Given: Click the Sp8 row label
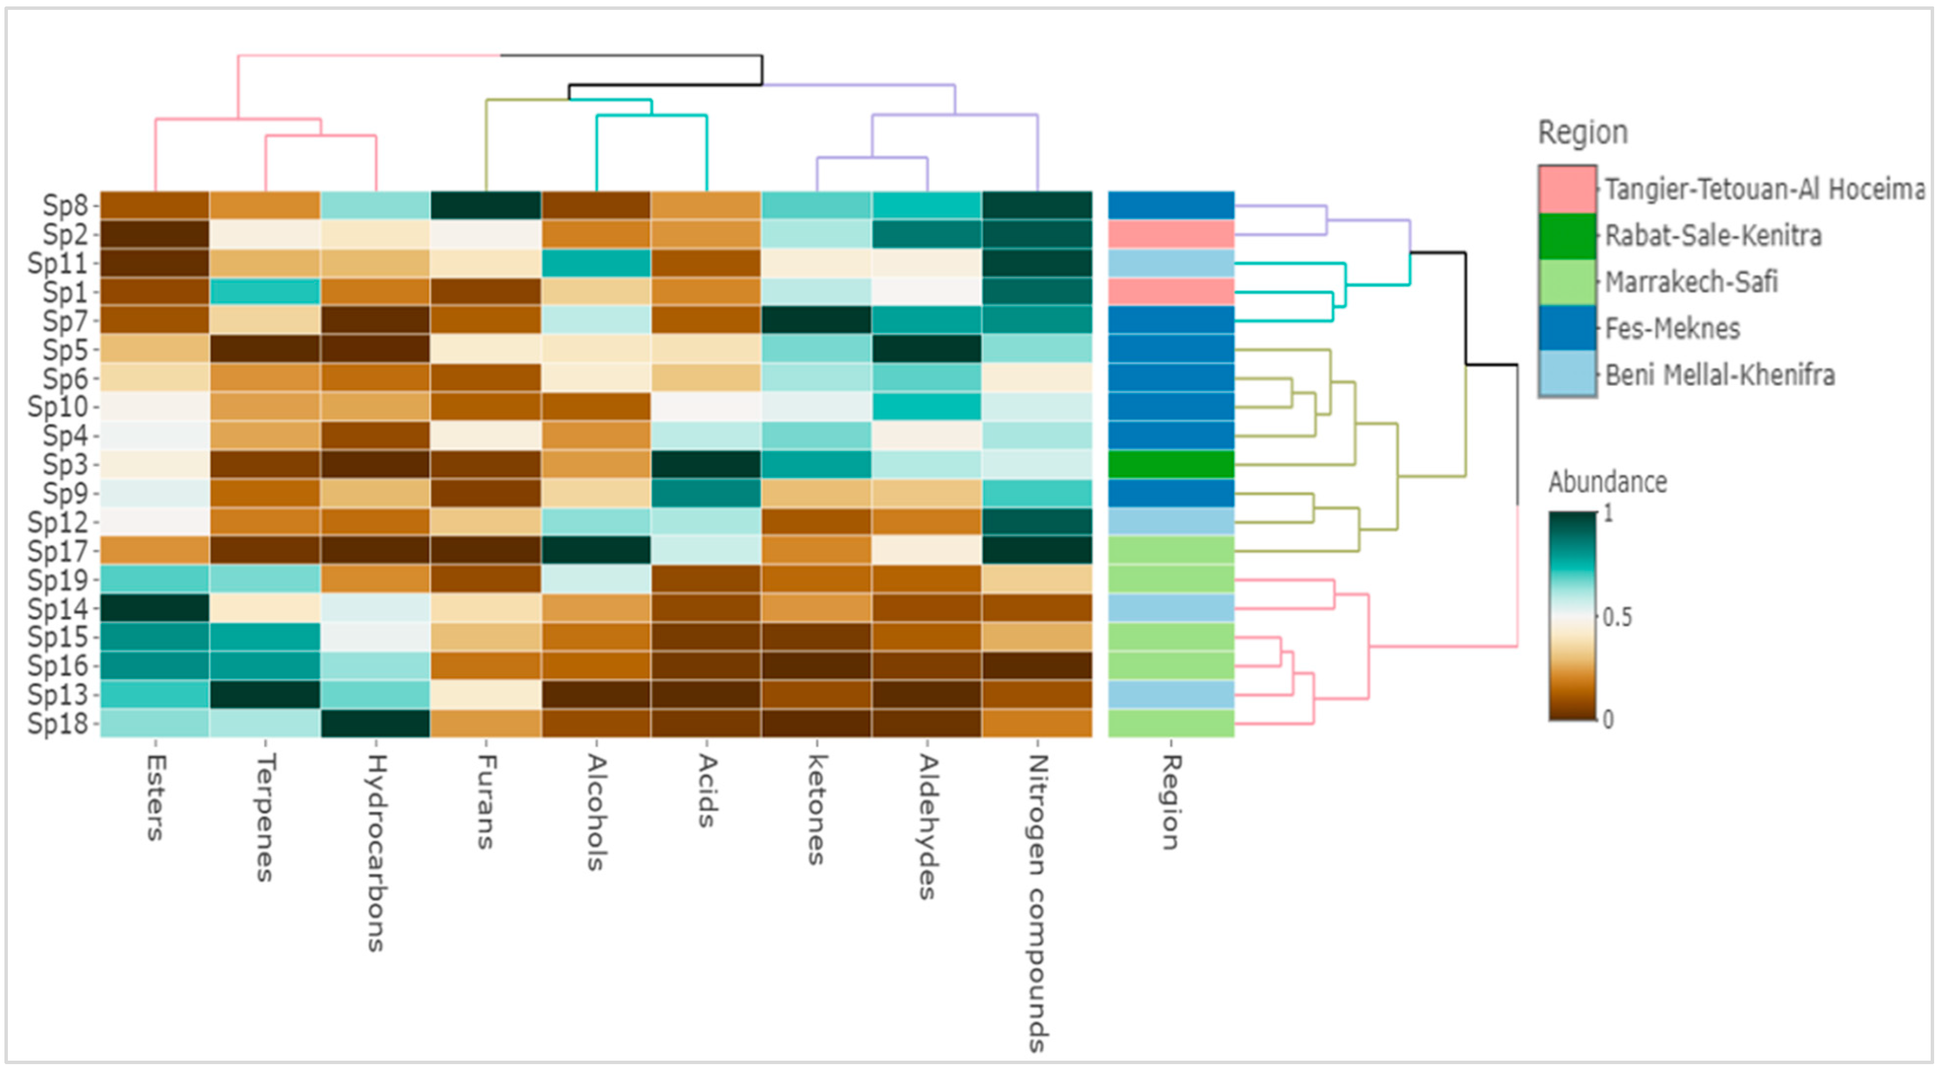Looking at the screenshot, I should click(x=65, y=205).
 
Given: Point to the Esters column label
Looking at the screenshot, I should click(x=155, y=798).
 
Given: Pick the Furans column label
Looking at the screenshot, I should click(x=486, y=802).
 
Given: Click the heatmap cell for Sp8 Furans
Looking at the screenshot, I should click(x=486, y=205).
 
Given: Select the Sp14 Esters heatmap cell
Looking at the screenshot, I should click(x=155, y=608).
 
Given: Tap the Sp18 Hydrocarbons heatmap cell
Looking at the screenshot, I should click(x=376, y=723).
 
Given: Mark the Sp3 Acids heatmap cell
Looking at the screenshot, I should click(x=706, y=464).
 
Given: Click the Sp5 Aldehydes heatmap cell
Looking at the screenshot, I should click(x=927, y=349).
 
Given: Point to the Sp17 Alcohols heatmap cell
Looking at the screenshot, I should click(x=596, y=551).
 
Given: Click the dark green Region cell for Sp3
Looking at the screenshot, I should click(x=1170, y=464).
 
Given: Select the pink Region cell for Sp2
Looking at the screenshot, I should click(x=1170, y=234).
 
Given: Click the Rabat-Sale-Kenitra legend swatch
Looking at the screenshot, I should click(x=1567, y=236).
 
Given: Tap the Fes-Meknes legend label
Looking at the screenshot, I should click(x=1672, y=329).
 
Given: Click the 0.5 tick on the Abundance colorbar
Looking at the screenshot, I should click(x=1617, y=617).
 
